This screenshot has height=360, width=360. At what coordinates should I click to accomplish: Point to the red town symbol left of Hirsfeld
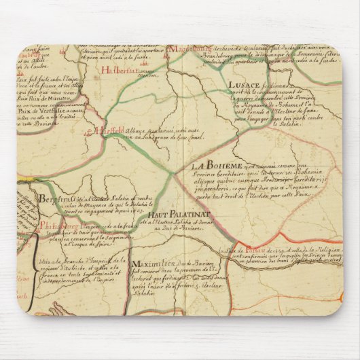(92, 131)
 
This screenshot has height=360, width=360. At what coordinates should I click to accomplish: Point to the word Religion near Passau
(324, 253)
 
